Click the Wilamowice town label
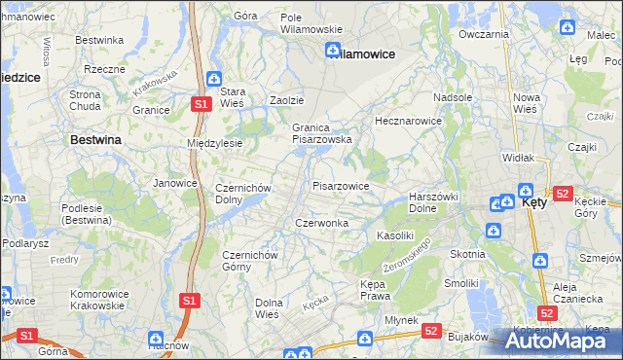point(362,54)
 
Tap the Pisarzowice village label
point(340,185)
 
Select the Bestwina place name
point(95,140)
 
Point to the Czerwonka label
point(321,223)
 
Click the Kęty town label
point(535,204)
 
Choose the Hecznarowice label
point(409,122)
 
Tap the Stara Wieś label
point(240,97)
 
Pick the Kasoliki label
point(396,235)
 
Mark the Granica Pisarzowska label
point(321,133)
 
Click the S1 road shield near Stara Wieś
point(200,103)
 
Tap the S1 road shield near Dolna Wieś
point(190,300)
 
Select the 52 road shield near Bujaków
point(431,331)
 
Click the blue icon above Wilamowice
point(333,48)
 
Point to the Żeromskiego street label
point(406,251)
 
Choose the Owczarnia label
point(484,34)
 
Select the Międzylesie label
point(214,143)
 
